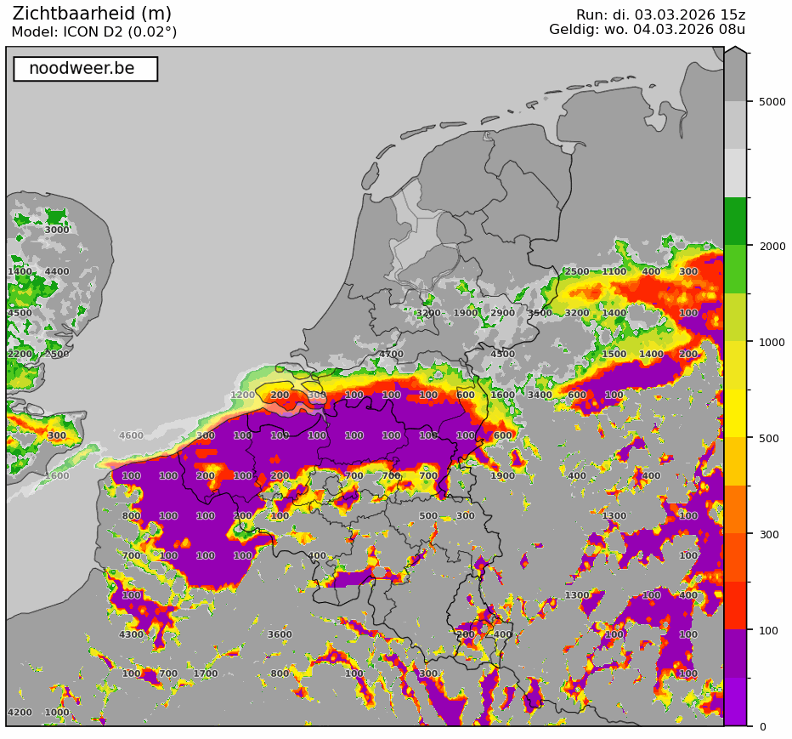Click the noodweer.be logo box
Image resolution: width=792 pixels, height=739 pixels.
(x=85, y=69)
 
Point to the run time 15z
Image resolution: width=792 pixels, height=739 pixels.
(x=733, y=15)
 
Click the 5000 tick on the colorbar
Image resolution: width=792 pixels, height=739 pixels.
(x=772, y=101)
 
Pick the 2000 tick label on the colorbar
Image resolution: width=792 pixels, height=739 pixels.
(x=772, y=246)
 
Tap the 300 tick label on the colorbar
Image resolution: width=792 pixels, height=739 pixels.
(x=768, y=534)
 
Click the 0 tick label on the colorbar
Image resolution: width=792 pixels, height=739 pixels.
(x=762, y=726)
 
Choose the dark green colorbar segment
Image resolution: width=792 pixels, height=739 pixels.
(x=735, y=221)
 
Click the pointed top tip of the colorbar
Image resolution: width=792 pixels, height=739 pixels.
(x=736, y=48)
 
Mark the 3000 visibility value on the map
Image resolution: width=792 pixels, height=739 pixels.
(x=57, y=230)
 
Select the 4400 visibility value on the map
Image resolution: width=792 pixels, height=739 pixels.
(x=57, y=272)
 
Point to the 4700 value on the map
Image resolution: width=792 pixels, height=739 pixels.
(x=391, y=355)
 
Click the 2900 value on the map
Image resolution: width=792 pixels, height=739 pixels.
(x=502, y=313)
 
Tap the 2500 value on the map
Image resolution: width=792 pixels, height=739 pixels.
(x=577, y=272)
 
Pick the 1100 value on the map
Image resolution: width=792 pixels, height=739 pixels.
(x=614, y=272)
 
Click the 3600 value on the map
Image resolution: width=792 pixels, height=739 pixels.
(x=280, y=634)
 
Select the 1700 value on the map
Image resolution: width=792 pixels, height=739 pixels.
(x=206, y=674)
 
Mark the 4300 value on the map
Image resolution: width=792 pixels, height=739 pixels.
(x=131, y=634)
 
